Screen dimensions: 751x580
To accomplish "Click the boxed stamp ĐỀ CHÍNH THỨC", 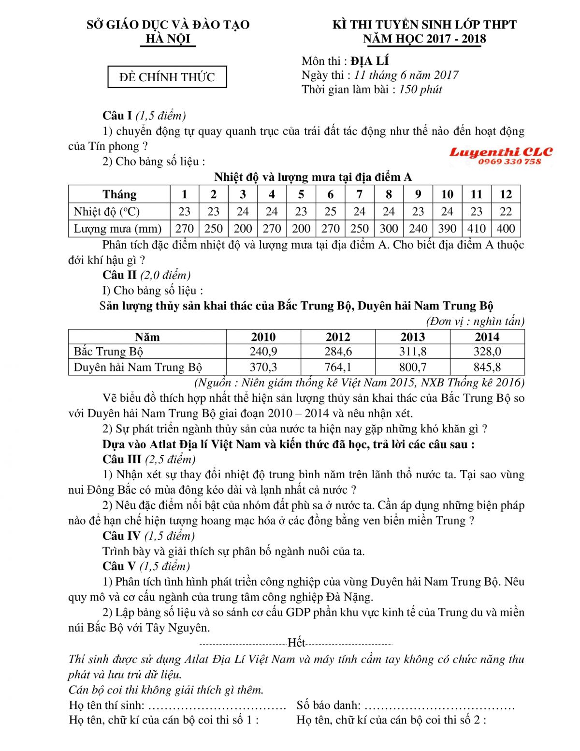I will pos(167,77).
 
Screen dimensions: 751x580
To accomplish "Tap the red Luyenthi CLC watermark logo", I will pos(501,152).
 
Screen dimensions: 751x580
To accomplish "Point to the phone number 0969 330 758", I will pos(509,162).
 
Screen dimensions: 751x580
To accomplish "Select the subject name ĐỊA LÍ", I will pos(370,61).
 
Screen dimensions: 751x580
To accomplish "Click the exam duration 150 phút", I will pos(420,89).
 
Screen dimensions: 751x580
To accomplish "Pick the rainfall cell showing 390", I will pos(447,228).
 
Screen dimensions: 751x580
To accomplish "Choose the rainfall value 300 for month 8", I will pos(389,228).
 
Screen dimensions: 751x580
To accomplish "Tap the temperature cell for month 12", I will pos(506,211).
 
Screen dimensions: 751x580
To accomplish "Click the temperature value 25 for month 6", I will pos(330,211).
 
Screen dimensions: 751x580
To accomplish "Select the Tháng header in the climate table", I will pos(119,194).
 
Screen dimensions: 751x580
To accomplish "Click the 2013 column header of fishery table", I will pos(412,337).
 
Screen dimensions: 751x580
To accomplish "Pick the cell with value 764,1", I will pos(338,367).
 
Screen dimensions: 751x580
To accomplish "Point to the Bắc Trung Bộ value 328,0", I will pos(487,352).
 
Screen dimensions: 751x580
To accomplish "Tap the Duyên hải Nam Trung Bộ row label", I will pos(138,367).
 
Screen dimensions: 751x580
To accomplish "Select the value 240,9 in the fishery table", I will pos(263,352).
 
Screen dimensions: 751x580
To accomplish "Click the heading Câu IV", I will pos(121,536).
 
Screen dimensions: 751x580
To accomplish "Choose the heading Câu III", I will pos(122,459).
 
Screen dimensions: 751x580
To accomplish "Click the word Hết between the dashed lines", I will pos(296,643).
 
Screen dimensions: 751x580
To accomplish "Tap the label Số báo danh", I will pos(328,706).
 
